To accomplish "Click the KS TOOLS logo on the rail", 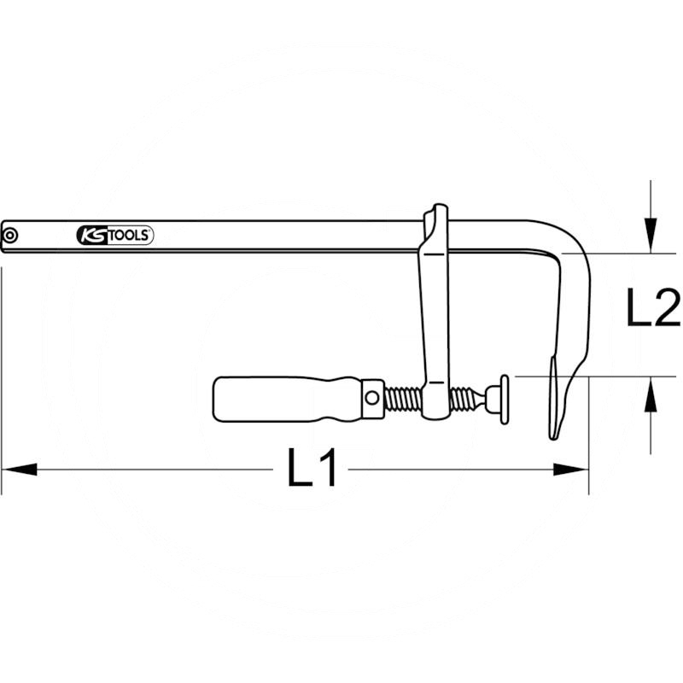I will (114, 236).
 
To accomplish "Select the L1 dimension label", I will (312, 469).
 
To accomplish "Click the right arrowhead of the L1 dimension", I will (571, 469).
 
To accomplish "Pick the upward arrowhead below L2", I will (651, 395).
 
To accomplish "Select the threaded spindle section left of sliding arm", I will (402, 398).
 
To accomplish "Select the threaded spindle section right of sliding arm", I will (464, 397).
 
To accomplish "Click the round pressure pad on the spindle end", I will (505, 398).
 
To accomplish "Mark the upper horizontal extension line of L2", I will (632, 254).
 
